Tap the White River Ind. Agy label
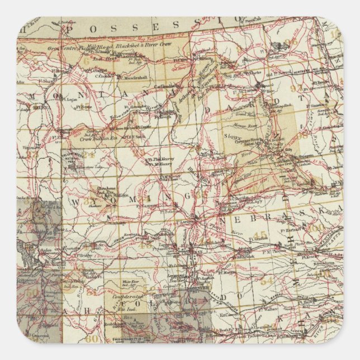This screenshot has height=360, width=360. coord(129,284)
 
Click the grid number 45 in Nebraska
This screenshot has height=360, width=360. coord(259,234)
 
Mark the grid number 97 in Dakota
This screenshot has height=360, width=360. coord(311,89)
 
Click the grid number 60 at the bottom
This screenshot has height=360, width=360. coord(92,338)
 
